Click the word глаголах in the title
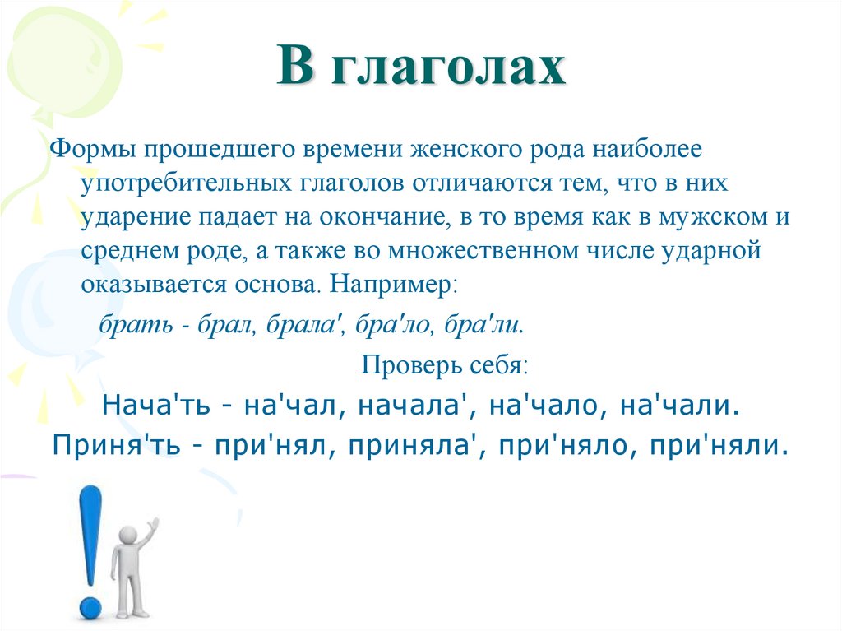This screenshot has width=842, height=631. coord(449,68)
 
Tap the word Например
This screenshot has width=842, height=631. coord(394,286)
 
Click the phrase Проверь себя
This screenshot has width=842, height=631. coord(445,364)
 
